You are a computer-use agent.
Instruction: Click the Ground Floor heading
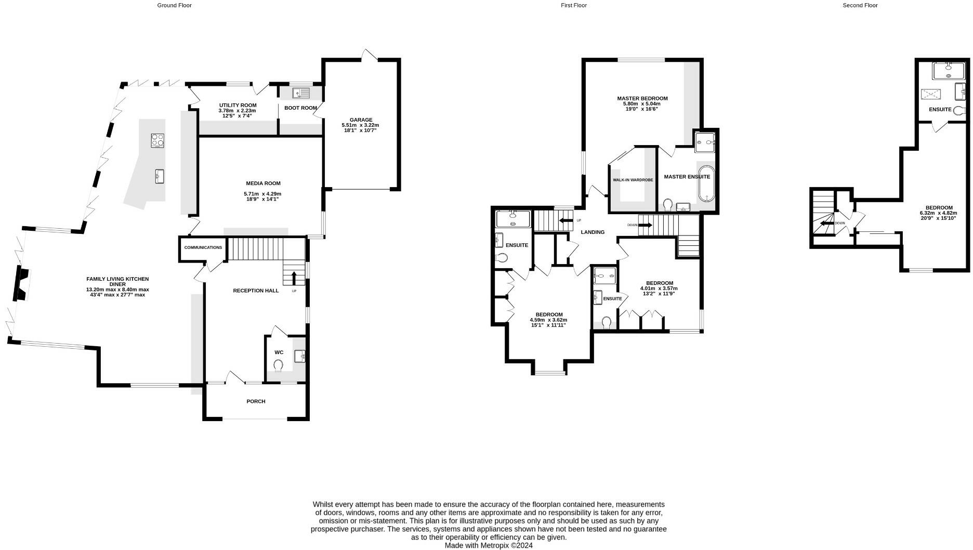pos(174,5)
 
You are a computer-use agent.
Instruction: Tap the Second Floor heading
pos(860,5)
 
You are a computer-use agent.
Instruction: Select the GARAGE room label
pos(361,120)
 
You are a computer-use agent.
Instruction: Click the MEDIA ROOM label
pos(263,183)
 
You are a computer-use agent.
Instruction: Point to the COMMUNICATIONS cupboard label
pos(203,247)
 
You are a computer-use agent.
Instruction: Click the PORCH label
pos(256,401)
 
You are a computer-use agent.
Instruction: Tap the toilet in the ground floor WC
pos(279,365)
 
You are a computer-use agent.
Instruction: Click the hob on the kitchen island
pos(158,140)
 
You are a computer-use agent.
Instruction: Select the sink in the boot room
pos(301,94)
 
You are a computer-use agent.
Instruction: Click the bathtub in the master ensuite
pos(706,184)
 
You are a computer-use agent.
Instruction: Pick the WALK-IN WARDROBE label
pos(633,180)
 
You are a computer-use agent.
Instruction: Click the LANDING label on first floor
pos(593,232)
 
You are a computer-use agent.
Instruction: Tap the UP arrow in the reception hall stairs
pos(294,277)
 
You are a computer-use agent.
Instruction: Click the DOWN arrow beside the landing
pos(645,225)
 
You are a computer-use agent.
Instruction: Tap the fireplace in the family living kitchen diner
pos(21,284)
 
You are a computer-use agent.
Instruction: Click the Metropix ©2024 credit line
pos(489,546)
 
